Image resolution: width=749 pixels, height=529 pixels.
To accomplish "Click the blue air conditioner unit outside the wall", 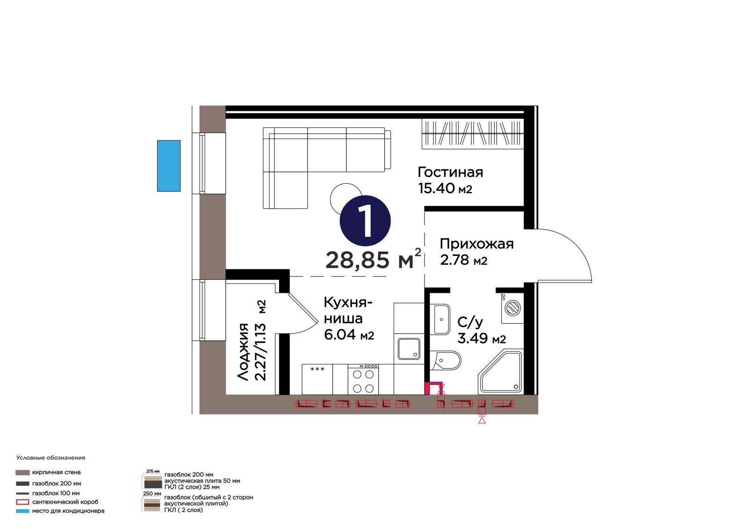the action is tap(169, 166).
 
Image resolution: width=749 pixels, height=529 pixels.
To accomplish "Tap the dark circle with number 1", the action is tap(365, 221).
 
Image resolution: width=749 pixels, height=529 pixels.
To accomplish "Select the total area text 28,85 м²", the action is tap(373, 259).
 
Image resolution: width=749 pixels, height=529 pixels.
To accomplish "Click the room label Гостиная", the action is tap(450, 172).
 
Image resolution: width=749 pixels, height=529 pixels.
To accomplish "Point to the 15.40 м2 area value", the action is tap(445, 188).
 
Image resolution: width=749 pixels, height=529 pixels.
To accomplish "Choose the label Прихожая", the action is tap(477, 244).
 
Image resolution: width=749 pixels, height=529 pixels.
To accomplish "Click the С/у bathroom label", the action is tap(470, 322).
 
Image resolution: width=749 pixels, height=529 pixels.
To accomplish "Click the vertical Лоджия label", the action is tap(243, 352).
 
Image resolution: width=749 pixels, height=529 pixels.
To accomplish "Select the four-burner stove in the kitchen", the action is tap(363, 379).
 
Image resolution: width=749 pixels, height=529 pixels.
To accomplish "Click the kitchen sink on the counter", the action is tap(409, 349).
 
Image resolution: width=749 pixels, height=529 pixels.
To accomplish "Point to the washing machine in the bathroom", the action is tap(512, 308).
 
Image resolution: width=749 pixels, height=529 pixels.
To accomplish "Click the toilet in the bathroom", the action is tap(445, 360).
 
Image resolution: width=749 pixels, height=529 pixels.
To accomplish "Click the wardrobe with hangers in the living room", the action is tap(472, 134).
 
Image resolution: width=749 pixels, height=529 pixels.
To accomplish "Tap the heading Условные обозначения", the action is tap(51, 458).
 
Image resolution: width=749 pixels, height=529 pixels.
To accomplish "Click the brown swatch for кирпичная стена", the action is tap(22, 472).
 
